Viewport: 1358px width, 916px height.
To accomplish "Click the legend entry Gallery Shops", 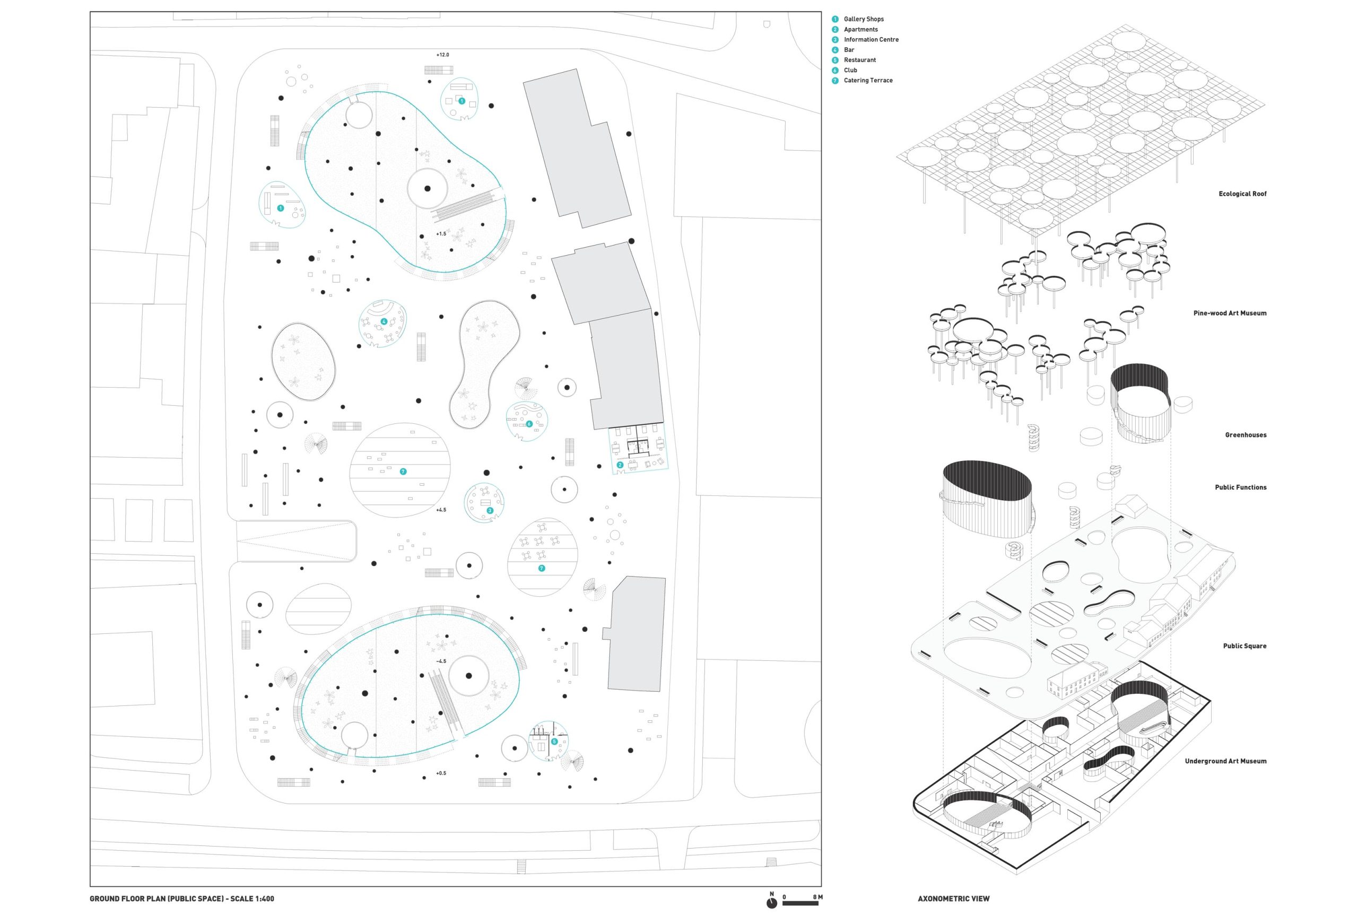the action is click(x=863, y=19).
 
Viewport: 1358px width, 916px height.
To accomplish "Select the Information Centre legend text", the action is click(x=871, y=40).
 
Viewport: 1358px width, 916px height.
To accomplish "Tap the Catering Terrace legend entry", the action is click(x=868, y=81).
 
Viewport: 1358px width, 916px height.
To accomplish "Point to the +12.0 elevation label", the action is click(x=443, y=55).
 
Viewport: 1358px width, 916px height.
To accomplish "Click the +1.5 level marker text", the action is click(x=441, y=234).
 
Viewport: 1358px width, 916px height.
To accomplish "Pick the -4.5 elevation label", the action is click(x=441, y=661).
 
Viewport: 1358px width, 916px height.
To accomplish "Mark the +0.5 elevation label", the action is click(x=441, y=773).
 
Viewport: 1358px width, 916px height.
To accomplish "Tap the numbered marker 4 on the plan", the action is click(x=384, y=322).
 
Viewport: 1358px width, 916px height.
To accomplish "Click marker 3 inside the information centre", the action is click(x=490, y=511).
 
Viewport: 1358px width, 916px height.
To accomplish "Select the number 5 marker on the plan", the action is click(x=554, y=741).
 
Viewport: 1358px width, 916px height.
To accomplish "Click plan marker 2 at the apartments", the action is click(x=620, y=465).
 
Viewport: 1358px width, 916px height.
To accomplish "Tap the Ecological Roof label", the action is click(x=1242, y=194).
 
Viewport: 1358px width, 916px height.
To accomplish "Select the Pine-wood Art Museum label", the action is click(x=1230, y=313).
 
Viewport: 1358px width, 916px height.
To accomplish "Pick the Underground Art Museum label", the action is click(x=1225, y=761).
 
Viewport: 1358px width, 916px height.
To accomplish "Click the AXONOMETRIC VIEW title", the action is click(x=953, y=899).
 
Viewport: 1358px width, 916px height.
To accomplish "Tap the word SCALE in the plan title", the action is click(x=242, y=899).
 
